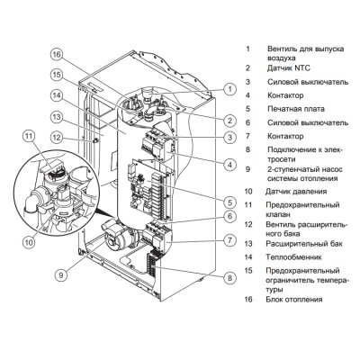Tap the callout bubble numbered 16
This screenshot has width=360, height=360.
pos(56,55)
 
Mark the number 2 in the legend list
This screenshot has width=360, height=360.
pos(248,67)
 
